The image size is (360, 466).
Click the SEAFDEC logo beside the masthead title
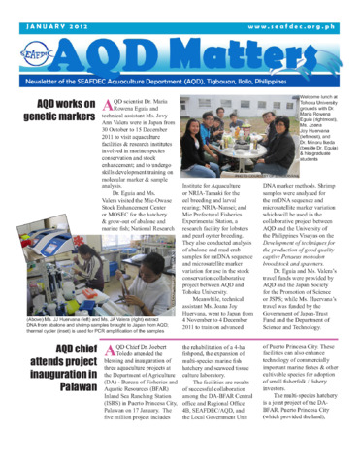point(36,52)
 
